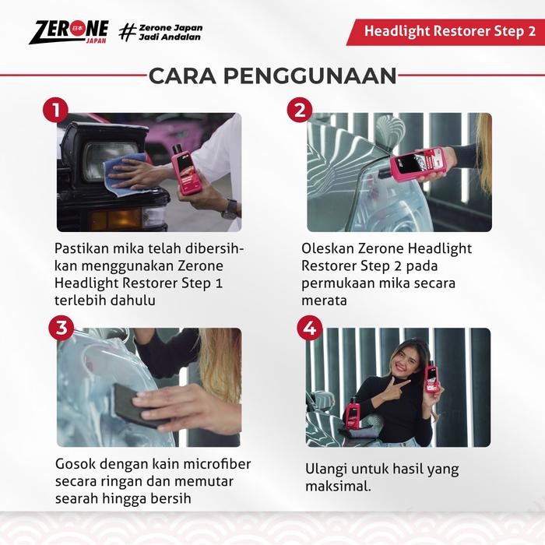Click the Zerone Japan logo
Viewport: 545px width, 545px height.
coord(69,31)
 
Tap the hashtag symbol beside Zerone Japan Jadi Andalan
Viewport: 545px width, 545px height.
coord(127,32)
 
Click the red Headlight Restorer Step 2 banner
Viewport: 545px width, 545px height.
coord(444,32)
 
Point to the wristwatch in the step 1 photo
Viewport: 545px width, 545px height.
coord(229,208)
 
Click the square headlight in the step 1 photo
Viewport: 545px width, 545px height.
coord(101,152)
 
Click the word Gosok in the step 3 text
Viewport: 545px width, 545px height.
coord(74,464)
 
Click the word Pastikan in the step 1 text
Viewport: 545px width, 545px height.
coord(83,248)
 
